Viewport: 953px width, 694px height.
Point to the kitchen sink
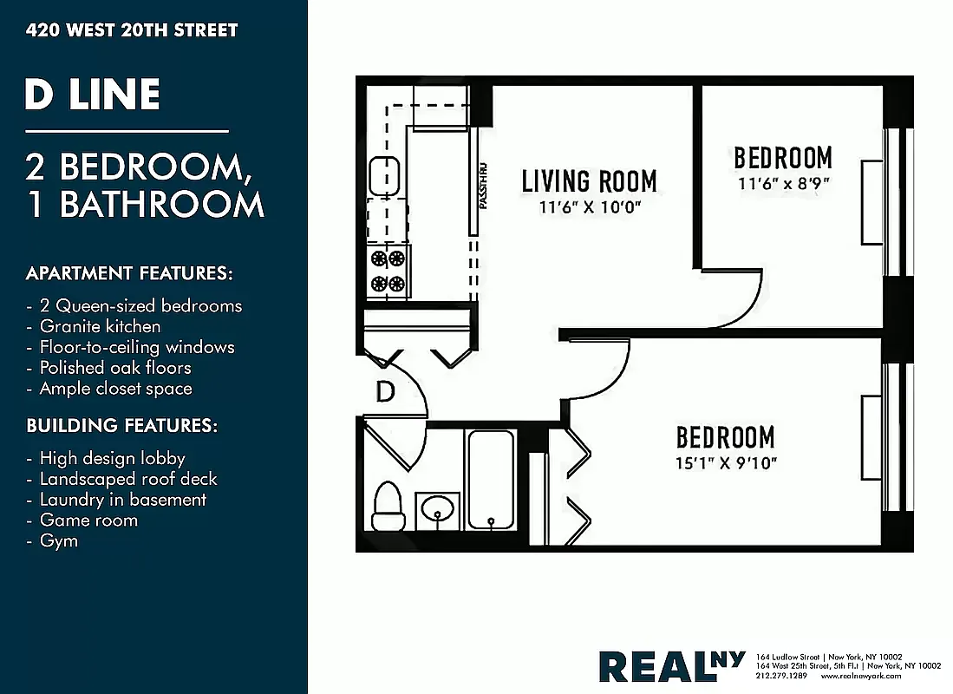[x=383, y=176]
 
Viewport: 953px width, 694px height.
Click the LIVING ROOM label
[x=589, y=181]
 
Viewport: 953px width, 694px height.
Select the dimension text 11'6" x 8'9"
[x=783, y=184]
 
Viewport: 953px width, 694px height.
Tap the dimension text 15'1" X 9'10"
[x=726, y=462]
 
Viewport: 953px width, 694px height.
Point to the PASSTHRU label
[x=483, y=186]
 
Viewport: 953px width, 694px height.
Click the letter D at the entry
[x=385, y=392]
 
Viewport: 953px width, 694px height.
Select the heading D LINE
[x=92, y=95]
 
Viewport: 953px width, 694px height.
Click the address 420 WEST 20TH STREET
[x=132, y=30]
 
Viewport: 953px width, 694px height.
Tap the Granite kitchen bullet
[x=100, y=326]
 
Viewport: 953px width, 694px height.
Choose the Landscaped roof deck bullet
[x=128, y=478]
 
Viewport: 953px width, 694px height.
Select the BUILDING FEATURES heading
[x=121, y=426]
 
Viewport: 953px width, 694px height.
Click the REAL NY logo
[x=671, y=665]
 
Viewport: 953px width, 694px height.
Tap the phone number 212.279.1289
[x=781, y=676]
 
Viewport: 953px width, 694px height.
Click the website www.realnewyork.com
[x=861, y=676]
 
